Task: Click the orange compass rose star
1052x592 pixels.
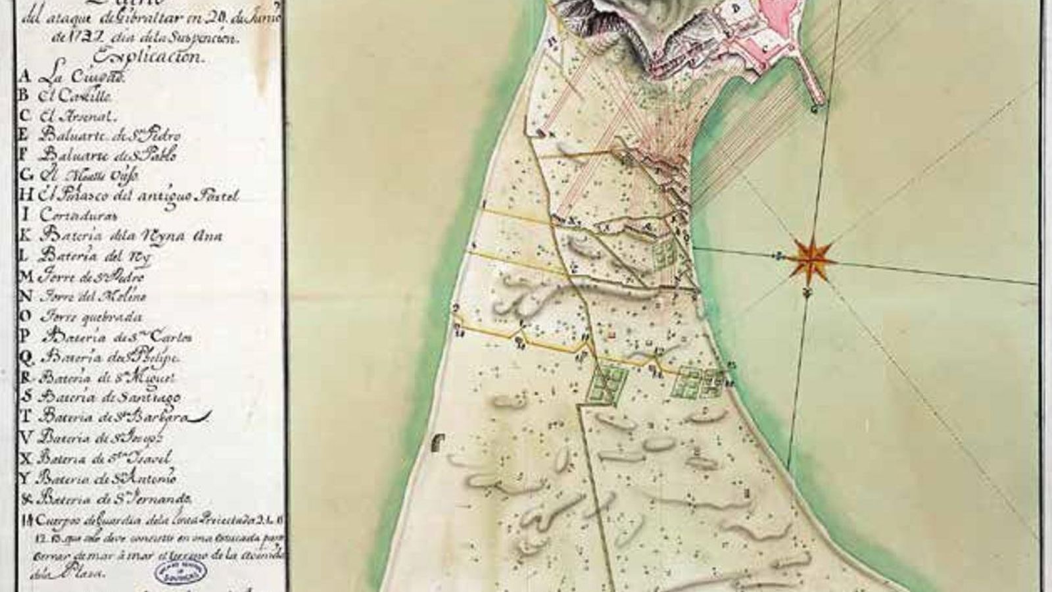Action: [x=813, y=256]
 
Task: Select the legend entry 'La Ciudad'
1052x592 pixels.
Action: [x=72, y=76]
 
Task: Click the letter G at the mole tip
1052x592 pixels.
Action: [x=815, y=110]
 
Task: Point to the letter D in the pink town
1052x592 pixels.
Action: [x=736, y=9]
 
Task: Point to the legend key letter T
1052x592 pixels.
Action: [x=26, y=416]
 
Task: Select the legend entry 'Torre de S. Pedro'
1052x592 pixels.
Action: [x=91, y=276]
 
